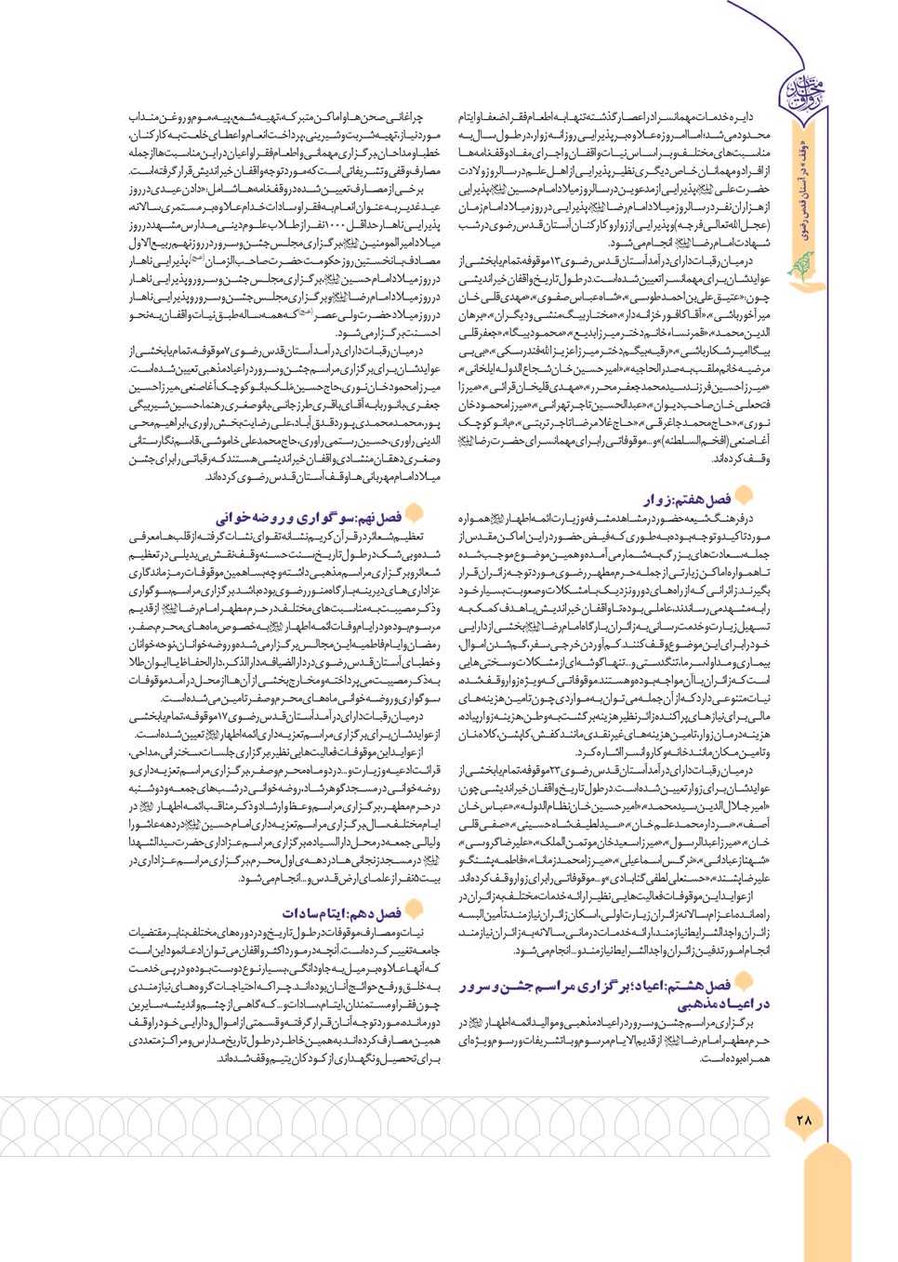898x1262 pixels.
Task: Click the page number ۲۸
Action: [x=804, y=1120]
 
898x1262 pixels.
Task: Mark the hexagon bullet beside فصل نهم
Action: [x=415, y=512]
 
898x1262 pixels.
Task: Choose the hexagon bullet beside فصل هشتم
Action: [x=745, y=981]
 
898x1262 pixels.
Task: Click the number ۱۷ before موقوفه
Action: [x=230, y=717]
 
